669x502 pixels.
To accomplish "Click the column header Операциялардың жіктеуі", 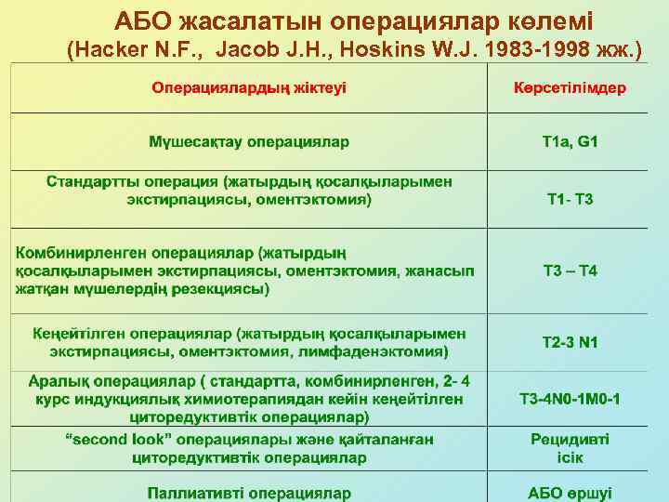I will [248, 88].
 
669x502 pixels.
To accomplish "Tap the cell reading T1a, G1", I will [571, 142].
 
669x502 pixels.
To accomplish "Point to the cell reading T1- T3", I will [571, 199].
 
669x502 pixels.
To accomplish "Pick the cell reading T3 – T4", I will [571, 271].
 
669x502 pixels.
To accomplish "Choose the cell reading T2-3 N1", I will [571, 343].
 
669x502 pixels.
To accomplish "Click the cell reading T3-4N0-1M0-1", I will [571, 399].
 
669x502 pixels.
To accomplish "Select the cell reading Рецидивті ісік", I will [571, 448].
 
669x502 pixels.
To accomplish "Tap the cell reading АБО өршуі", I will [571, 492].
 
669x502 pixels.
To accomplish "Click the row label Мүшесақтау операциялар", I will [248, 142].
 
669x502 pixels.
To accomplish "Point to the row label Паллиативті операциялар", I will [248, 492].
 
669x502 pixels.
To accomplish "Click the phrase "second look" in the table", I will [105, 439].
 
